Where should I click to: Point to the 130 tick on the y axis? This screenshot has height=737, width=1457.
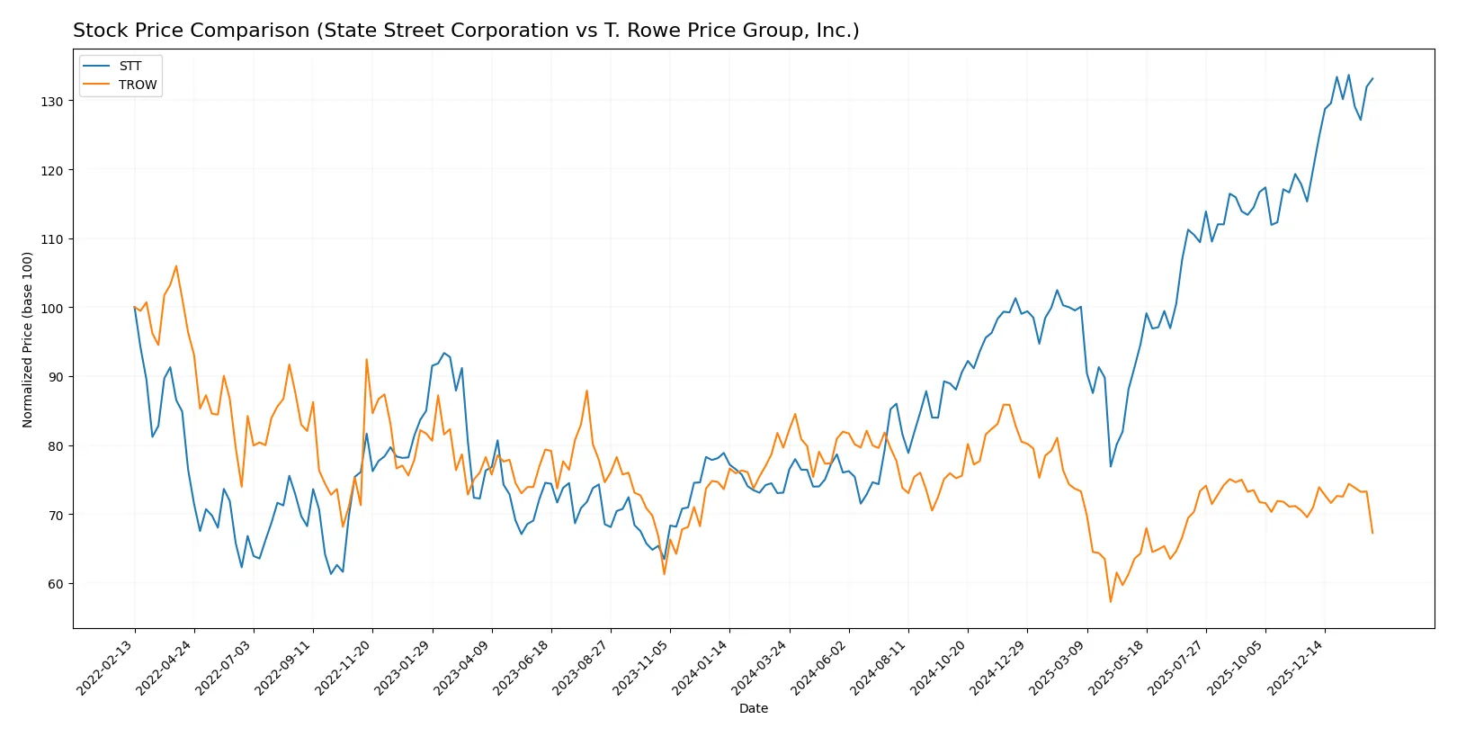[51, 102]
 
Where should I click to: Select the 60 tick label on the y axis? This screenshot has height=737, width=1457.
[55, 584]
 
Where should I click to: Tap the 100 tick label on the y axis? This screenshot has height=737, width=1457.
[51, 308]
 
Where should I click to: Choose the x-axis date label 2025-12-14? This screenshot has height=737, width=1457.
[1296, 668]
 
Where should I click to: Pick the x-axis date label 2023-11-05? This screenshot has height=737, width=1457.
[641, 668]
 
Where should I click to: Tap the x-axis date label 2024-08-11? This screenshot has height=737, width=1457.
[880, 668]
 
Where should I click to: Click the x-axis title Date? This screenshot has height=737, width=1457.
[753, 708]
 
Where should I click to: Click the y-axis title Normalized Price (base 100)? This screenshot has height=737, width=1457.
[28, 339]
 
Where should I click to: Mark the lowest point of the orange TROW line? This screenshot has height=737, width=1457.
[1111, 601]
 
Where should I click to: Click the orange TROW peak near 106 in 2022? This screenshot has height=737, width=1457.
[176, 266]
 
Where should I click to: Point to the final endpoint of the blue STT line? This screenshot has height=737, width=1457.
[1372, 78]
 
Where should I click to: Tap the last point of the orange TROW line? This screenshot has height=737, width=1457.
[1372, 533]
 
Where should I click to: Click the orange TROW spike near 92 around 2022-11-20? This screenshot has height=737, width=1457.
[367, 360]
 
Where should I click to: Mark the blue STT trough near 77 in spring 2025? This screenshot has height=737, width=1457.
[1111, 465]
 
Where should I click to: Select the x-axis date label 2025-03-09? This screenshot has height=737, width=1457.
[1058, 668]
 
